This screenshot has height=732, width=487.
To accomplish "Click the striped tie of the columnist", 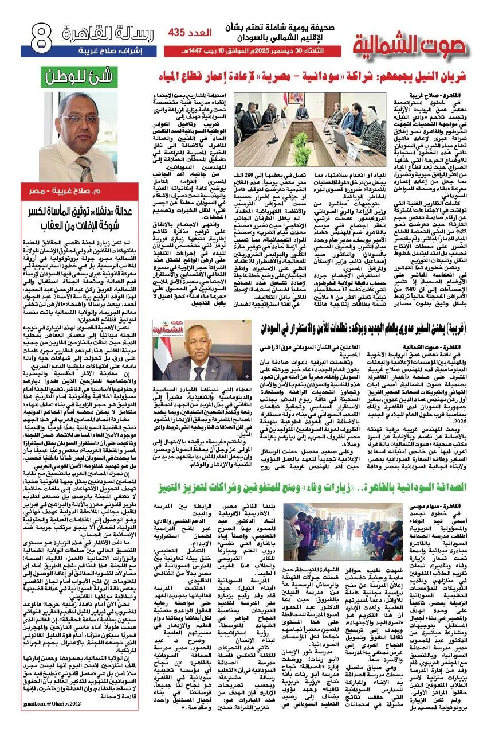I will [x=84, y=168].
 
